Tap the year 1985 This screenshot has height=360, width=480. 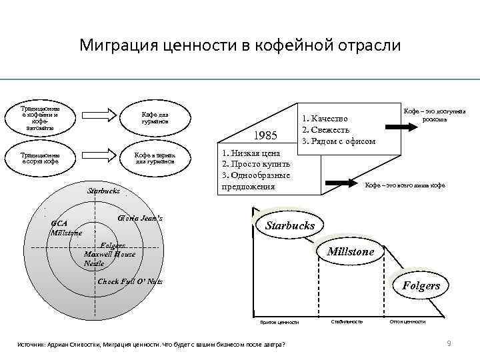pos(267,136)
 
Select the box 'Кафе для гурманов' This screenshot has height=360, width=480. pos(157,118)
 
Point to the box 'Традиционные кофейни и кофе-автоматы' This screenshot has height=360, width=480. pos(41,118)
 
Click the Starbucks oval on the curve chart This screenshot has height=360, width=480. pos(289,225)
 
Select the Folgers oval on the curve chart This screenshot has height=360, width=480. pos(421,286)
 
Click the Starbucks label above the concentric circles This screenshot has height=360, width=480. pos(104,191)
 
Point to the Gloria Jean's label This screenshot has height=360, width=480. pos(139,218)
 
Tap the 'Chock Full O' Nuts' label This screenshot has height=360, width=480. pos(130,281)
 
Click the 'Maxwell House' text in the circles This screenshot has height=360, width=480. pos(109,254)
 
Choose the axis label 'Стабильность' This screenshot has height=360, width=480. pos(347,322)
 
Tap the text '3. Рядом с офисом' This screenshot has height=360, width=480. pos(339,141)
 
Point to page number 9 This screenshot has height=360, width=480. pos(449,343)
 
